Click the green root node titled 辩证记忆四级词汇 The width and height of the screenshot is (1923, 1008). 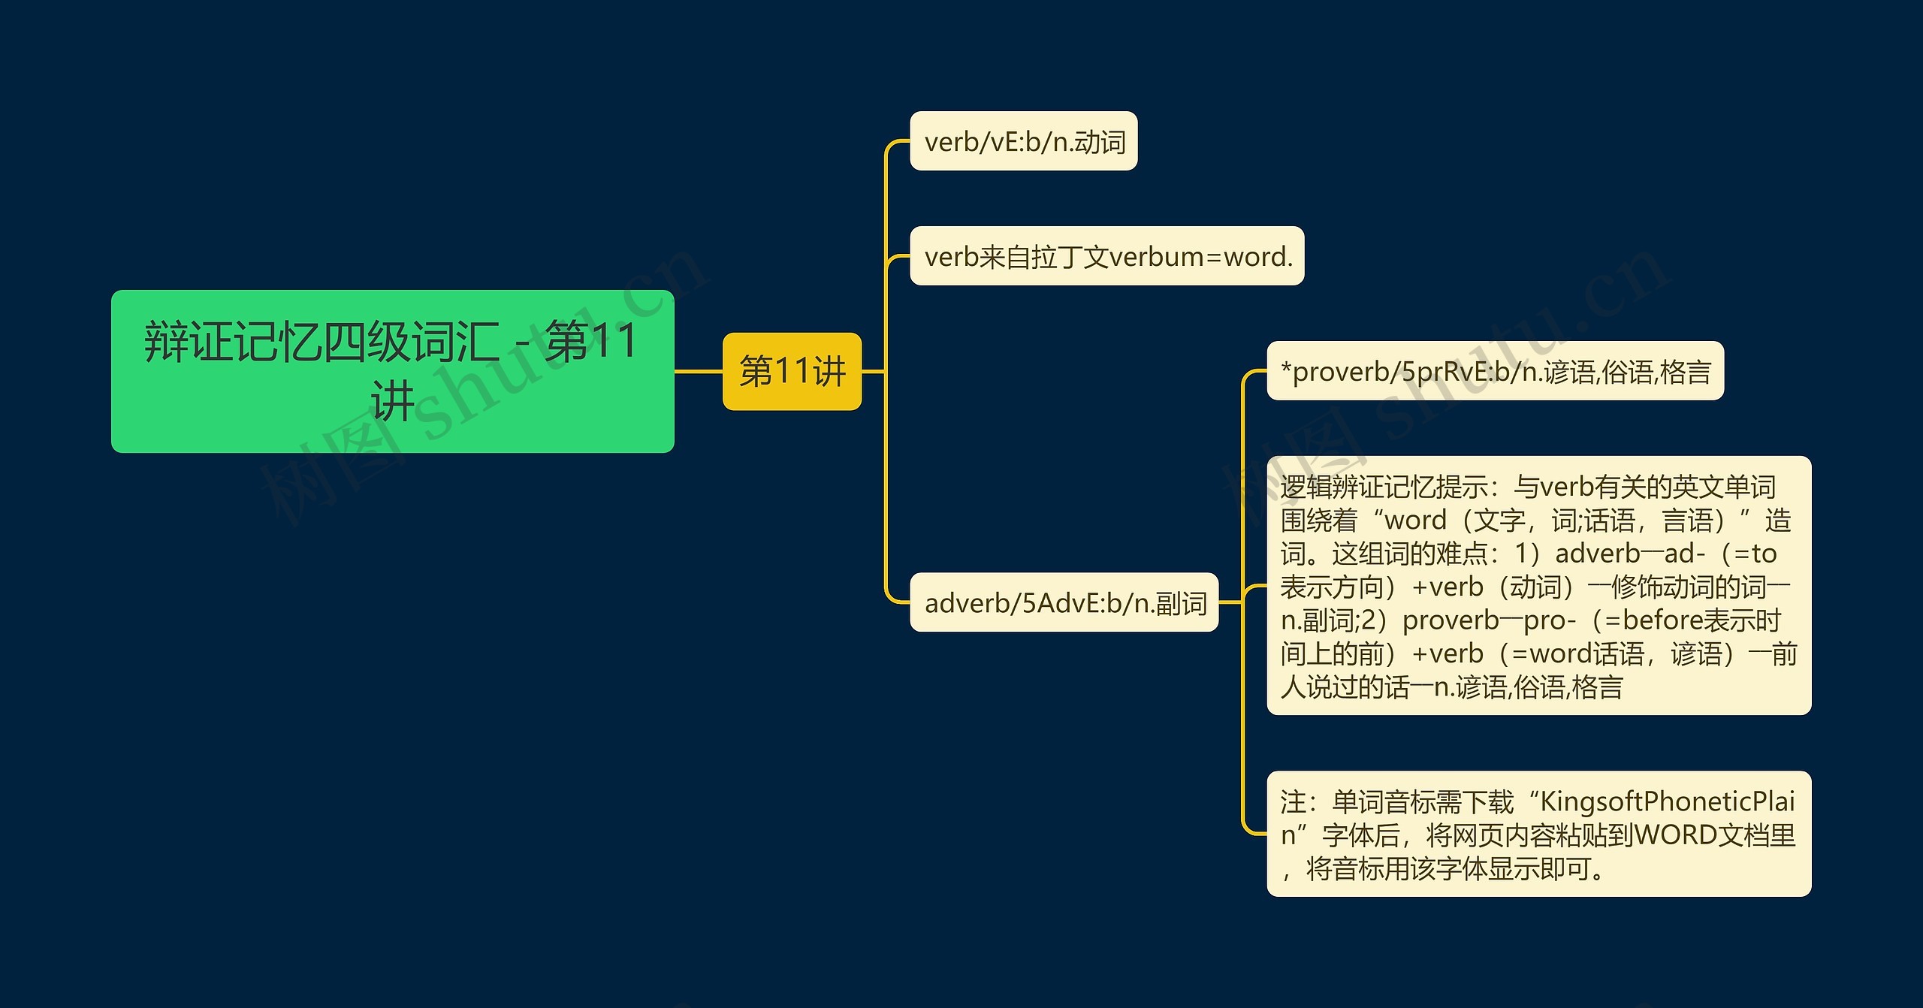click(392, 371)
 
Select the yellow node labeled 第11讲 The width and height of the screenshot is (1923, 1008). click(792, 371)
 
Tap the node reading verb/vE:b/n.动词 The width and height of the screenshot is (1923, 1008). click(1024, 141)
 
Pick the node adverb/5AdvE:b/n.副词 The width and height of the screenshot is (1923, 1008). click(1064, 602)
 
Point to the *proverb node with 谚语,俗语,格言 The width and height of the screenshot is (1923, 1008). click(1496, 371)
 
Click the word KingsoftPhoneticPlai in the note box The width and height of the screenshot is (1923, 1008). click(1668, 802)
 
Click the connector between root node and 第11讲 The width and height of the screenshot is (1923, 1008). click(699, 371)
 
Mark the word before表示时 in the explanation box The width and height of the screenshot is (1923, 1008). click(1702, 620)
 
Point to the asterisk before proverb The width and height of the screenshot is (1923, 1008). click(1286, 368)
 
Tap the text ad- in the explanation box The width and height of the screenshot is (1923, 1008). click(1685, 554)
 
